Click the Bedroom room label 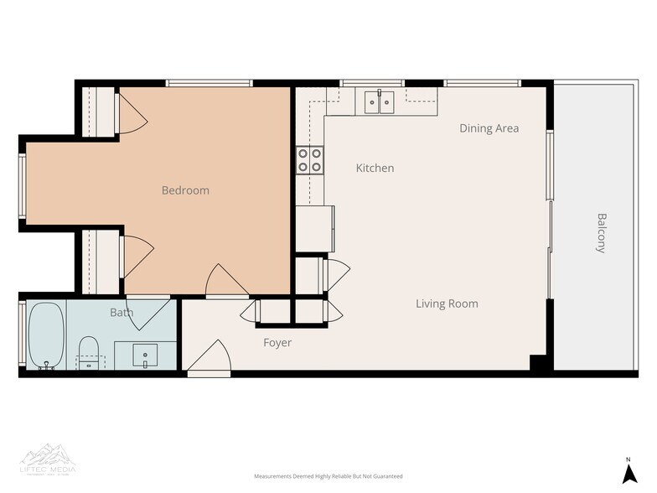tap(185, 190)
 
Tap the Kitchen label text tap(375, 169)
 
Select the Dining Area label tap(489, 128)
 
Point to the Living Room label tap(447, 304)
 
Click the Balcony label tap(602, 233)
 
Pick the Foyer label tap(277, 343)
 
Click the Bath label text tap(122, 313)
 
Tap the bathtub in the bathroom tap(46, 336)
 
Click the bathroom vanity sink tap(145, 355)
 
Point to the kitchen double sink tap(380, 102)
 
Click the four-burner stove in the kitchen tap(310, 160)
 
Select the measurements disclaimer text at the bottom tap(328, 476)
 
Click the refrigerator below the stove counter tap(314, 227)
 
